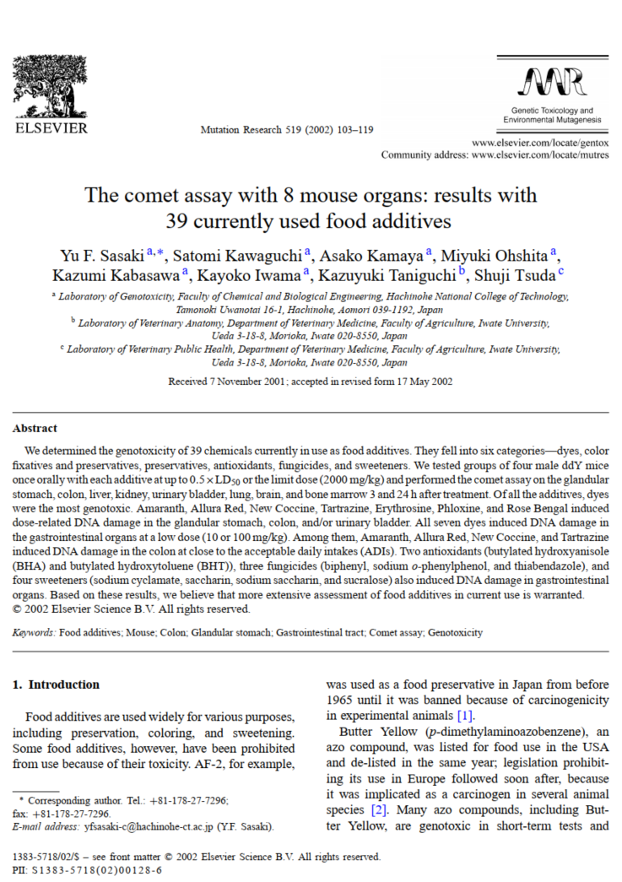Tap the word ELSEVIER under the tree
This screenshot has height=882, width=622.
click(x=50, y=128)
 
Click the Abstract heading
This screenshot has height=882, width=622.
click(x=35, y=428)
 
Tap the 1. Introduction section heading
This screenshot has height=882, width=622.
click(x=56, y=684)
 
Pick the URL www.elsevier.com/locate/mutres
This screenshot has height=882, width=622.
click(x=540, y=155)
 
